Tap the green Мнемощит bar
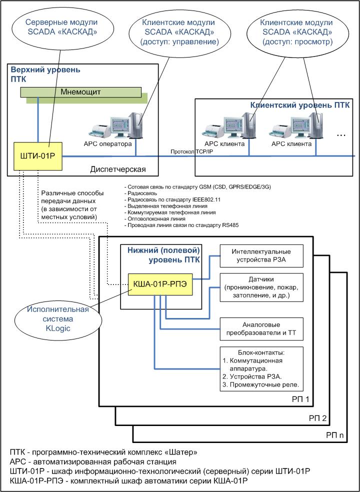click(80, 92)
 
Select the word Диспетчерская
click(118, 169)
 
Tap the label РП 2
click(328, 418)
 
